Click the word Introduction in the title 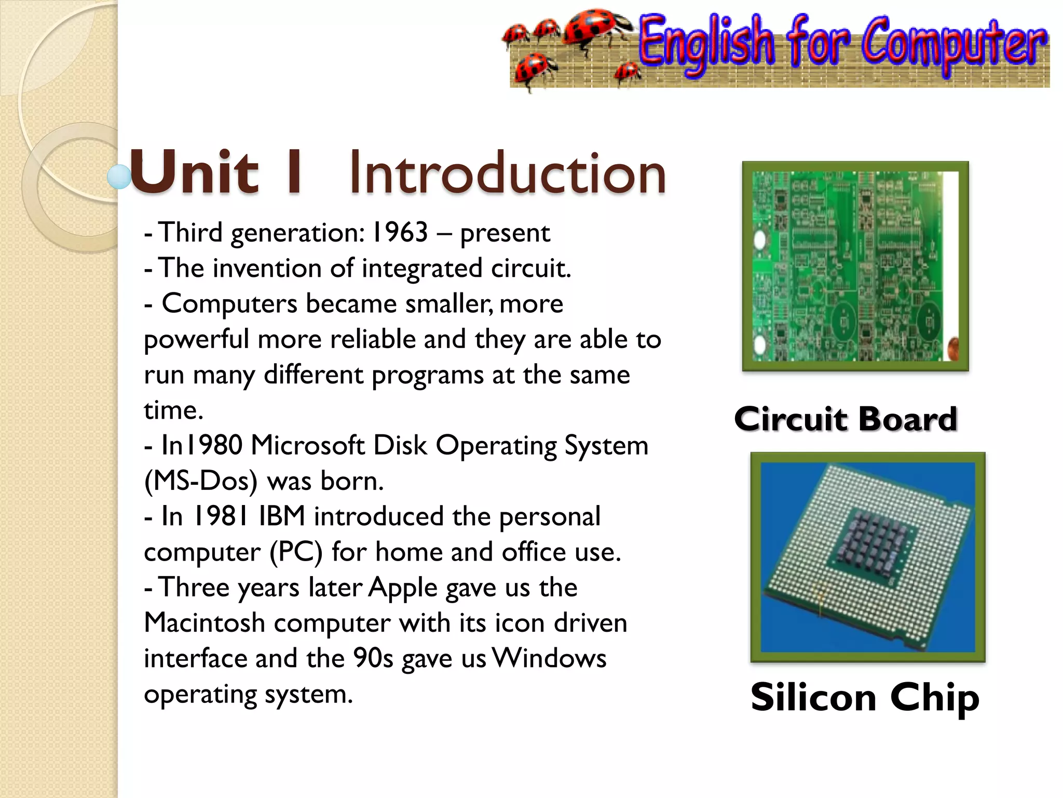point(507,173)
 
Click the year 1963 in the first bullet point(400,232)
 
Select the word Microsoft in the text point(307,446)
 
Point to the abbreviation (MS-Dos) point(201,481)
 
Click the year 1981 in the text point(221,516)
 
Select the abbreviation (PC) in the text point(296,552)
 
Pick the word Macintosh point(205,623)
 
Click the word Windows point(549,658)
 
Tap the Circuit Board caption point(845,419)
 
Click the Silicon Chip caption point(864,697)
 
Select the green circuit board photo point(855,266)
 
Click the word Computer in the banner point(953,44)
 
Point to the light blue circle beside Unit point(119,177)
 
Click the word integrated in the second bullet point(422,268)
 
